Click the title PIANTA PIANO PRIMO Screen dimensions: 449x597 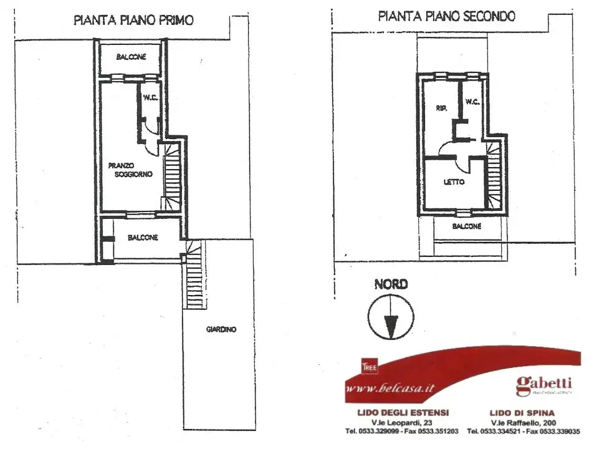pyautogui.click(x=133, y=20)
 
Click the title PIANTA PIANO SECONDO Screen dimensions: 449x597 pyautogui.click(x=446, y=17)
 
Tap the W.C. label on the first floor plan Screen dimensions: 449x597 pyautogui.click(x=150, y=97)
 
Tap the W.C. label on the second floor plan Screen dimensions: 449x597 pyautogui.click(x=472, y=101)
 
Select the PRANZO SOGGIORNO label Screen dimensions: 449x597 pyautogui.click(x=130, y=170)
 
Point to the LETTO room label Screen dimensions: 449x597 pyautogui.click(x=454, y=182)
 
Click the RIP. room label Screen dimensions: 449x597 pyautogui.click(x=442, y=109)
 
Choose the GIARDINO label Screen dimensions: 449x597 pyautogui.click(x=221, y=330)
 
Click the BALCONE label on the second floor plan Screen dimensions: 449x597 pyautogui.click(x=466, y=226)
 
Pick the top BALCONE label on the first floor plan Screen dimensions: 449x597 pyautogui.click(x=131, y=57)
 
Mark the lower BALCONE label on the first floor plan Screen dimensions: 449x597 pyautogui.click(x=143, y=238)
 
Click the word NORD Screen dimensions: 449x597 pyautogui.click(x=391, y=284)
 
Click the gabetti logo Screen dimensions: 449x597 pyautogui.click(x=543, y=384)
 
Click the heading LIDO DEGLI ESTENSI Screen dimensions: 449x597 pyautogui.click(x=402, y=413)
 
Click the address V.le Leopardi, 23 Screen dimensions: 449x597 pyautogui.click(x=402, y=422)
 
